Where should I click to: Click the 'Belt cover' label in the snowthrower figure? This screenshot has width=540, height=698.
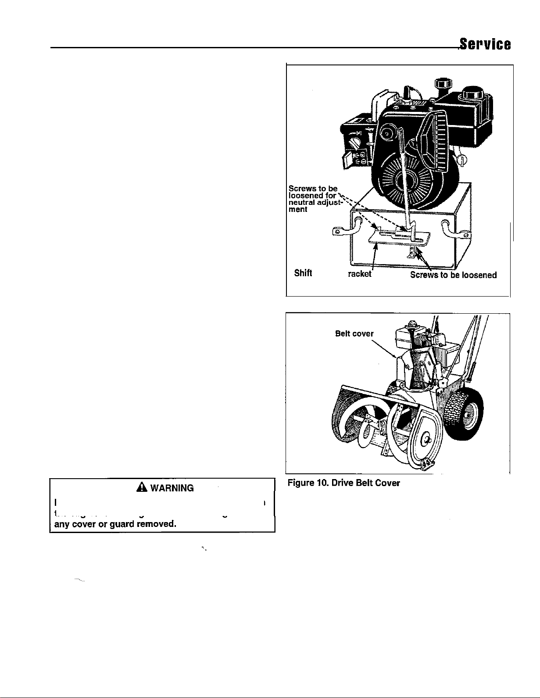coord(354,333)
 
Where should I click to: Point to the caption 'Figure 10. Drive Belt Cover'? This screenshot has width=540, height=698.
coord(343,483)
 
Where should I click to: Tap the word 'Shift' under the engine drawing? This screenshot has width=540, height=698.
coord(303,274)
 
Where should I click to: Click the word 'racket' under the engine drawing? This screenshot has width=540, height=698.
coord(359,274)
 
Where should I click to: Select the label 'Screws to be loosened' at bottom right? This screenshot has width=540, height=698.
coord(453,275)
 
